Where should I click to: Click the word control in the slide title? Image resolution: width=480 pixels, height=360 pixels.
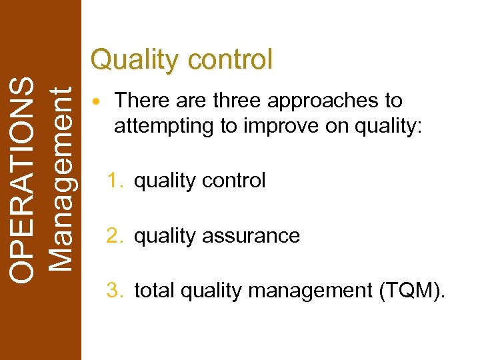point(231,60)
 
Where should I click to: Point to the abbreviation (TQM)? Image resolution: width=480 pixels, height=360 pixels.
point(411,291)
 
